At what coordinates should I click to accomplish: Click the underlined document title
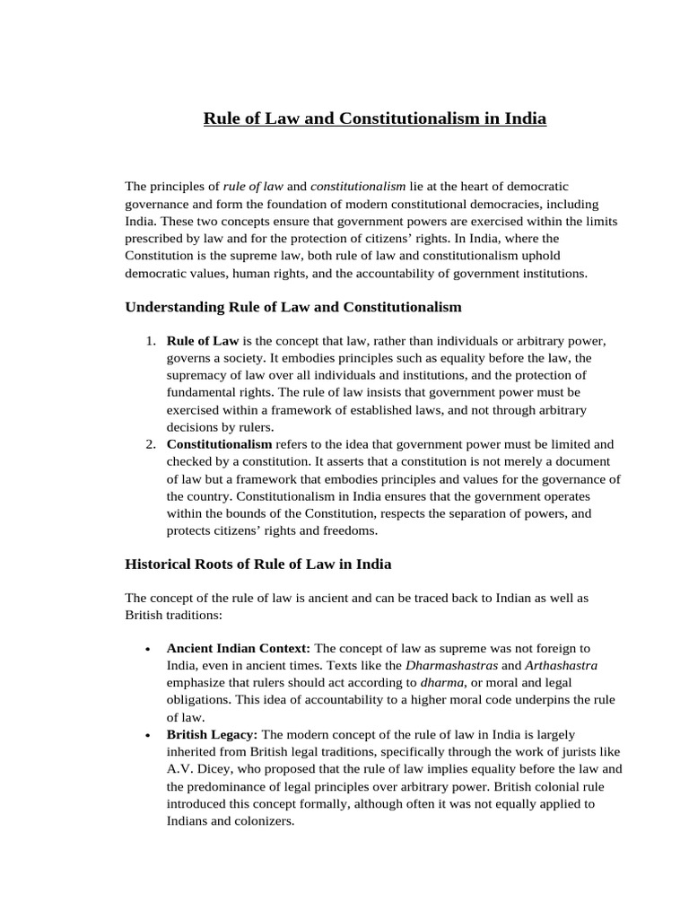click(x=375, y=118)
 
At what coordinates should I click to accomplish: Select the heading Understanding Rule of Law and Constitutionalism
click(x=292, y=307)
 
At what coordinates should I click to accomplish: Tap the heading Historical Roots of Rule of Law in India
click(x=257, y=565)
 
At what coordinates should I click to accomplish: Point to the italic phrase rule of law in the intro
click(x=253, y=187)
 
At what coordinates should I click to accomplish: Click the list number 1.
click(x=150, y=342)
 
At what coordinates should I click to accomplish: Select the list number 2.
click(x=150, y=444)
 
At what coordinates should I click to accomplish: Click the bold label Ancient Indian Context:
click(x=239, y=648)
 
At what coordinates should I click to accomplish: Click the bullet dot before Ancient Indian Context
click(x=146, y=649)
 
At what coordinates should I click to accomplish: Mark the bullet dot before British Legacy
click(x=146, y=735)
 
